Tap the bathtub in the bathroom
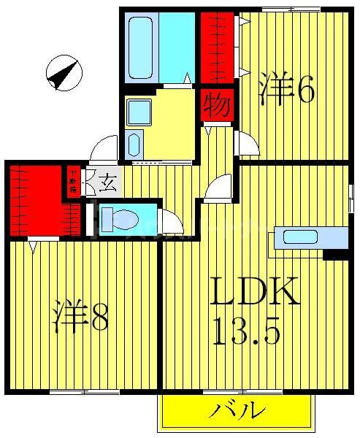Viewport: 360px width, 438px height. (143, 47)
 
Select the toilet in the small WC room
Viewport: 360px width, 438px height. (117, 218)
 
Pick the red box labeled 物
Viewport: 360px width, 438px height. (218, 104)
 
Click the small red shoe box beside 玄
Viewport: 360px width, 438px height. (73, 180)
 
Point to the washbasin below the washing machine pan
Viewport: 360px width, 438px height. (134, 144)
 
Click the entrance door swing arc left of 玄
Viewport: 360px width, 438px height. (105, 149)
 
